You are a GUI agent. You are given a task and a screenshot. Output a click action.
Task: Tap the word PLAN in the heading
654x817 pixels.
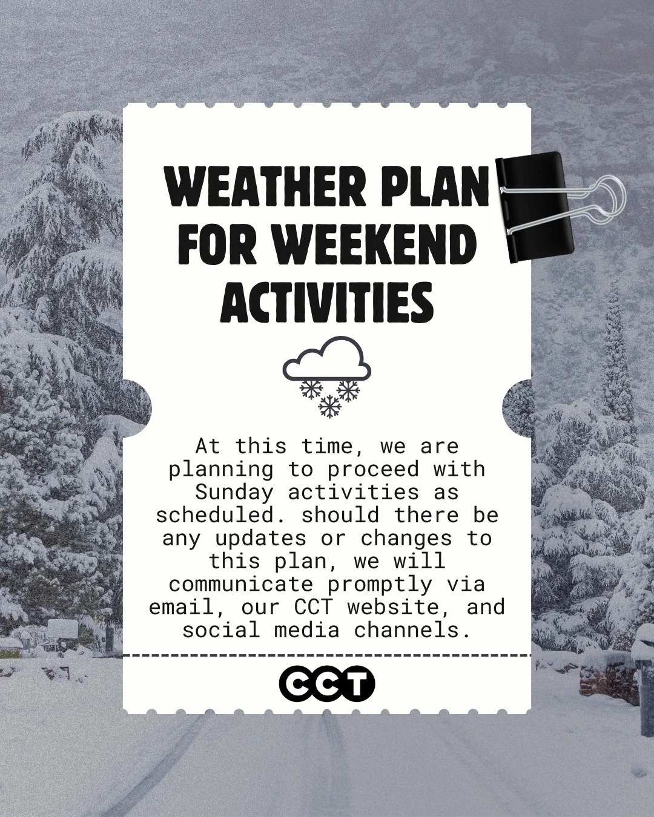tap(431, 188)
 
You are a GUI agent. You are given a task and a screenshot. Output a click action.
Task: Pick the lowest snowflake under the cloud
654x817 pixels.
tap(330, 407)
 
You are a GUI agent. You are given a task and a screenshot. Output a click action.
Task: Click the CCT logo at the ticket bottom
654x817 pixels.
tap(327, 683)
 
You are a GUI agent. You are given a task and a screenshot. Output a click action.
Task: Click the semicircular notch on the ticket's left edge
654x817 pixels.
tap(137, 408)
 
